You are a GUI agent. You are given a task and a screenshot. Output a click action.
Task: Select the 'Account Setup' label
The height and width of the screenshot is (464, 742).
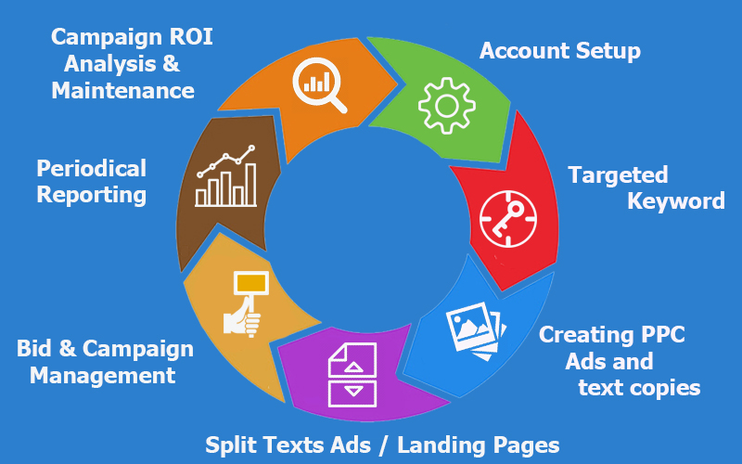[559, 50]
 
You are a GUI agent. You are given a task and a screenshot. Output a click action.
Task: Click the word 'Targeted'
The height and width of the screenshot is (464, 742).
[618, 174]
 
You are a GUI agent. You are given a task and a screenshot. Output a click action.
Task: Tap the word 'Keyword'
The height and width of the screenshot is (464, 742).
[676, 200]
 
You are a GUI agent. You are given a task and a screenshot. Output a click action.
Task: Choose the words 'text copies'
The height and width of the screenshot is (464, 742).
[639, 387]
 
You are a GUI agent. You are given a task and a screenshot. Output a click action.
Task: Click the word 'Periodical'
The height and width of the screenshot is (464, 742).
[91, 169]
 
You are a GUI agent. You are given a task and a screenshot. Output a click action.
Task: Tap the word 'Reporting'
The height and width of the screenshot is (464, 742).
[91, 195]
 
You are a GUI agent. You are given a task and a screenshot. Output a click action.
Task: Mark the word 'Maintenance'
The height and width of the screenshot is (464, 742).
[123, 91]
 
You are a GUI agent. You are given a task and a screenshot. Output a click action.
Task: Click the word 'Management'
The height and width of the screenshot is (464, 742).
[102, 375]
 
